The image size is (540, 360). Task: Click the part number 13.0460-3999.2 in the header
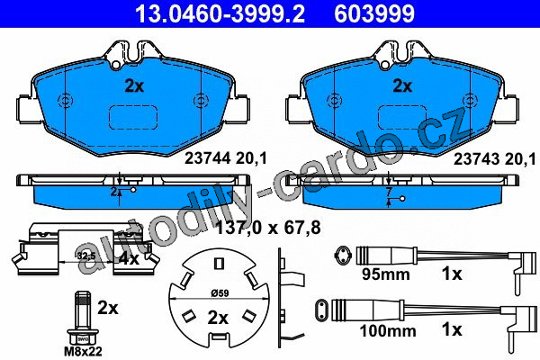click(220, 13)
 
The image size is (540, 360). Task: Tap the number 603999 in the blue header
click(374, 13)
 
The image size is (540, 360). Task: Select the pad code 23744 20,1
click(226, 158)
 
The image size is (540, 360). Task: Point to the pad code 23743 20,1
click(494, 158)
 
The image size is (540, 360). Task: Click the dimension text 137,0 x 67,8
click(268, 228)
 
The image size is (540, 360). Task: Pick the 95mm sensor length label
click(386, 274)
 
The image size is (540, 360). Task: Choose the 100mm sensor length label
click(388, 331)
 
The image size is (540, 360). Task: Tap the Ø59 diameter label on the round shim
click(220, 293)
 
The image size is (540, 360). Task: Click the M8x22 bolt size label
click(83, 351)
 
